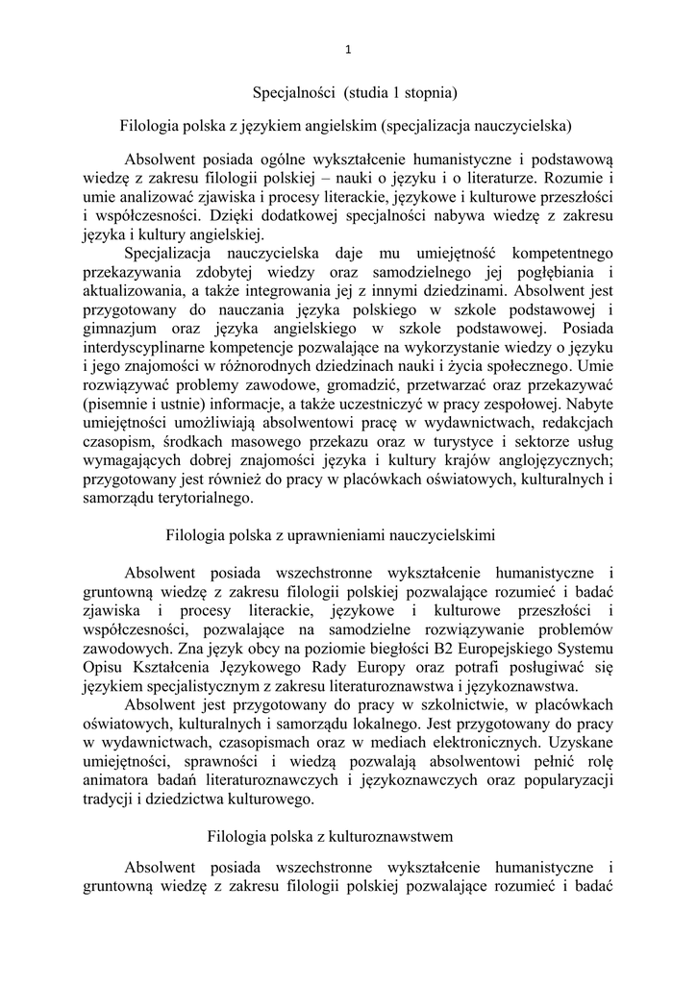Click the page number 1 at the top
[348, 50]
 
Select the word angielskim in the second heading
[417, 126]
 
